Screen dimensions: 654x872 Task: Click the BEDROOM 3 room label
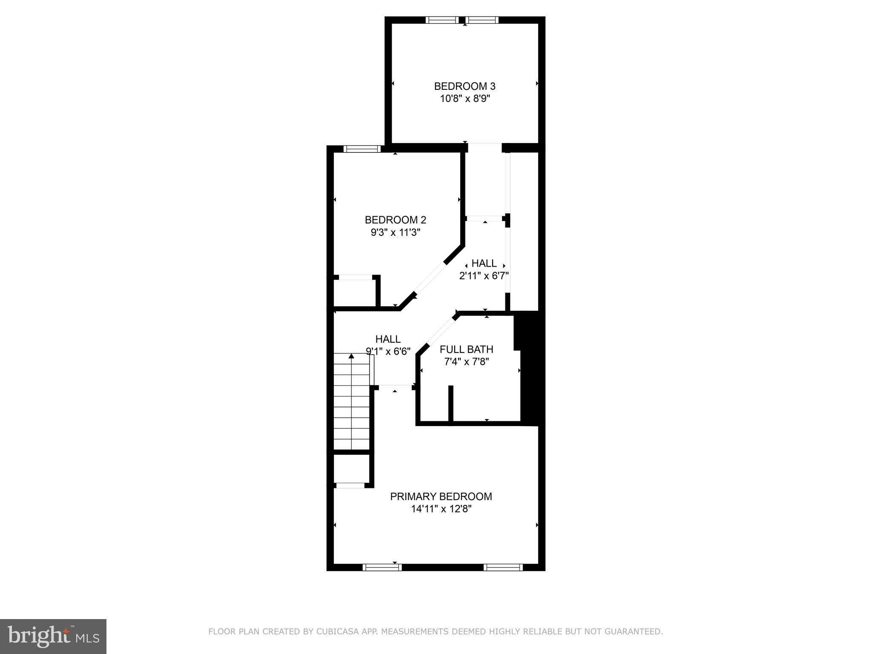(x=465, y=86)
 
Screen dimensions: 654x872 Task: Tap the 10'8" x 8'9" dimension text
(x=465, y=99)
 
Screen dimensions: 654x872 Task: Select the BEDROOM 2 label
(x=395, y=220)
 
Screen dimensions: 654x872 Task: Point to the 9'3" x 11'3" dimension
(x=395, y=232)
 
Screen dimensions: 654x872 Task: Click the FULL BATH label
(x=466, y=350)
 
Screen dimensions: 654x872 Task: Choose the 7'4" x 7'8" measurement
(x=466, y=362)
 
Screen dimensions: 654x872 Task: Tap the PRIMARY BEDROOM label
(x=441, y=496)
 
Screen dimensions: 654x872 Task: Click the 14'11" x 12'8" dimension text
(x=441, y=509)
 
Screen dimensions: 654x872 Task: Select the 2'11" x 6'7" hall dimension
(x=484, y=276)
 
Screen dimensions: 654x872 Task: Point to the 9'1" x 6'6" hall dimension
(x=388, y=351)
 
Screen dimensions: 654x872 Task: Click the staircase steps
(x=351, y=409)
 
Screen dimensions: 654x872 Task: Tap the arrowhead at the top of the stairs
(x=351, y=356)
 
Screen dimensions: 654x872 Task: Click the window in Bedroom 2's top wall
(x=362, y=149)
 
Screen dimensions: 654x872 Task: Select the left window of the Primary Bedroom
(x=382, y=567)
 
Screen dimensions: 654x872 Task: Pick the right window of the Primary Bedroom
(x=503, y=567)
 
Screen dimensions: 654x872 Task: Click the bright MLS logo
(x=53, y=637)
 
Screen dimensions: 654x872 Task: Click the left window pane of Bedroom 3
(x=442, y=20)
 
